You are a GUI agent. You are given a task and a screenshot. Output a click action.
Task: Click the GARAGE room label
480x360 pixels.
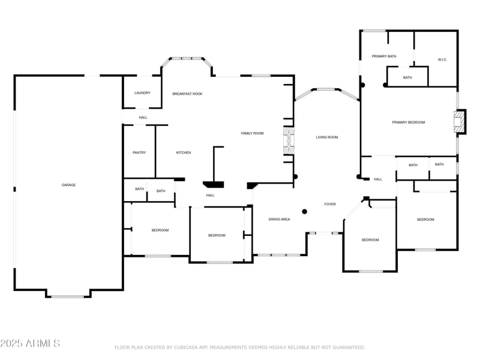(68, 185)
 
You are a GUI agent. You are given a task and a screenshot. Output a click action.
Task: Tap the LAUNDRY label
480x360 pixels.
(142, 93)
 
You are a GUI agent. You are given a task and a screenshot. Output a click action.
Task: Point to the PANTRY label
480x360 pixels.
(139, 152)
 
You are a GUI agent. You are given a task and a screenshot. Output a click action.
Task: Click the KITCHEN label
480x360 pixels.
(184, 152)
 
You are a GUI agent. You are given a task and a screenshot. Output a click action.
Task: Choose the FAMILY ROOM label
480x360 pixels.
(252, 133)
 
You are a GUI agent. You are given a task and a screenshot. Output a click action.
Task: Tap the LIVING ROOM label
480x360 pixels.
(327, 137)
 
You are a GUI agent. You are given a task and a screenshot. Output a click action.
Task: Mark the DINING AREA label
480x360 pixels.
(279, 220)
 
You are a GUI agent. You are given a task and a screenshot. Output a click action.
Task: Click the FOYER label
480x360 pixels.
(330, 204)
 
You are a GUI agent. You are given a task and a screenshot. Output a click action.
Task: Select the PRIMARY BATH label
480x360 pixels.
(384, 56)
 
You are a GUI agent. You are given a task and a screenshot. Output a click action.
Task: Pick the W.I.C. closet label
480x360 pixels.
(443, 59)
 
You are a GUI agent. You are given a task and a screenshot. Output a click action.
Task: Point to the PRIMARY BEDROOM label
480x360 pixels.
(408, 122)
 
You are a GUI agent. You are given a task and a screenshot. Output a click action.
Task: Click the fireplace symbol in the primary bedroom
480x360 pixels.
(459, 121)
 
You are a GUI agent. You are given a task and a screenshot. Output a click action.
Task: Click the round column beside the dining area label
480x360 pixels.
(304, 211)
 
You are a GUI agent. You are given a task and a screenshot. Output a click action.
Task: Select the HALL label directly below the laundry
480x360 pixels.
(143, 117)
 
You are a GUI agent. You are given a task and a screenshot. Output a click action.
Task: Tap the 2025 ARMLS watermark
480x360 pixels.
(30, 344)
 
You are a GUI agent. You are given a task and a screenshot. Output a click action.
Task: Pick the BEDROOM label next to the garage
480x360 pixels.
(160, 230)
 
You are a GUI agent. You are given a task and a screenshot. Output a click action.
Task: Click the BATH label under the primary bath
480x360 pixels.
(407, 77)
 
